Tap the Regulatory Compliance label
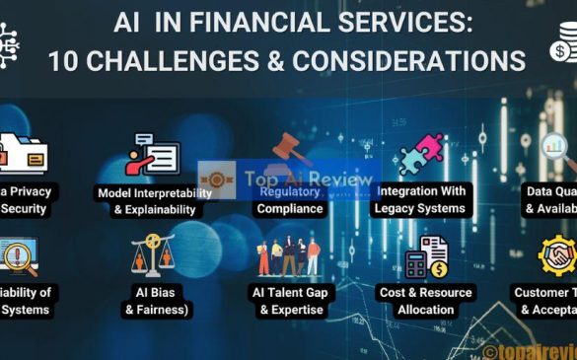[289, 200]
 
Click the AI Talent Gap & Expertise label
[290, 301]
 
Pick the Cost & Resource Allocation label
[426, 301]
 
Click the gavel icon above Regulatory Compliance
[288, 149]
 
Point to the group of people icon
[288, 256]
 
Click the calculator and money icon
[426, 256]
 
